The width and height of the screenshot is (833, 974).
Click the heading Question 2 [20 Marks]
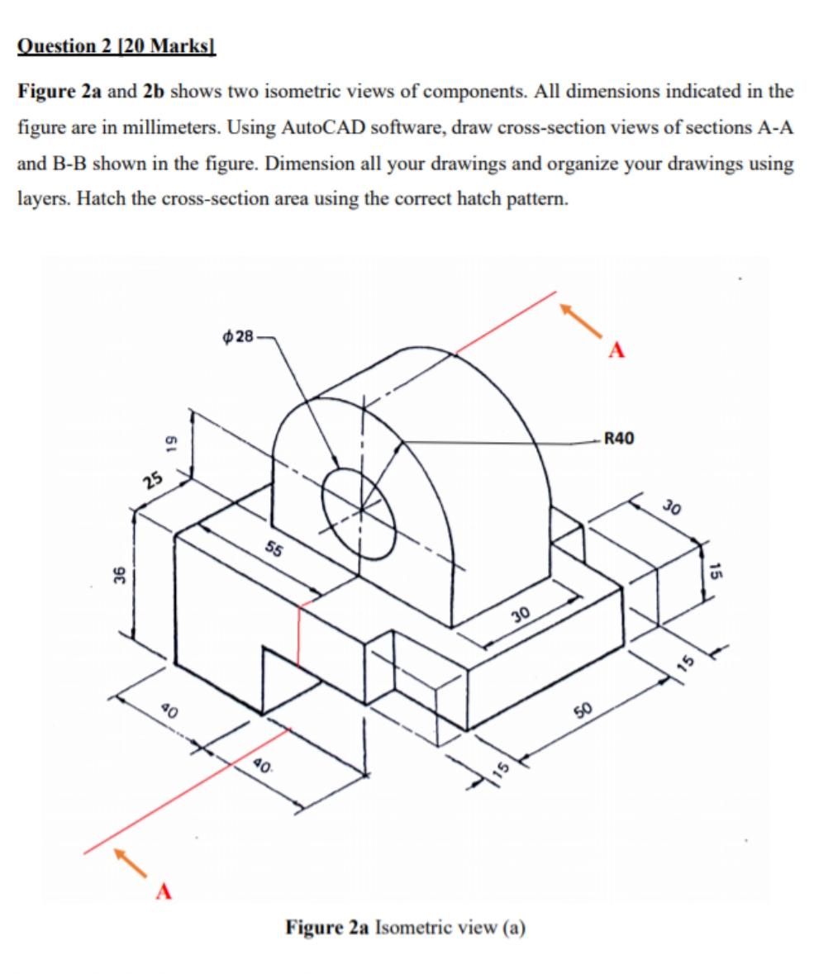click(x=116, y=45)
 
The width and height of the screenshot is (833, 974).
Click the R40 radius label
click(x=619, y=438)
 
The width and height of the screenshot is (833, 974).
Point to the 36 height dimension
click(x=118, y=574)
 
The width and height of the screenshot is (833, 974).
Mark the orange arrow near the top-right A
click(x=580, y=319)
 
